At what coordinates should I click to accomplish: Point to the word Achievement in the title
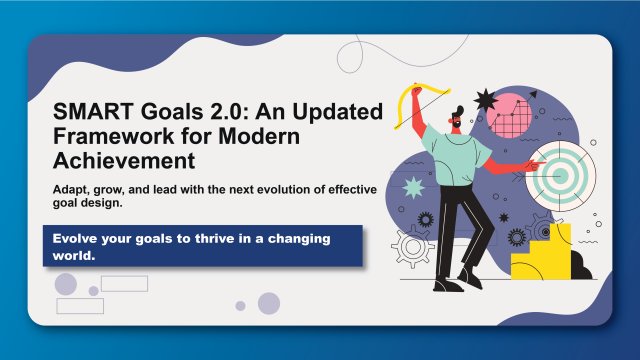123,161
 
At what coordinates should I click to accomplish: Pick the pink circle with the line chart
518,116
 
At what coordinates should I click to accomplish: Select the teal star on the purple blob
412,186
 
